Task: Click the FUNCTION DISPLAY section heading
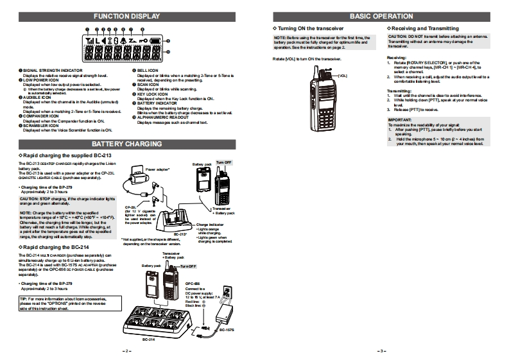click(x=127, y=16)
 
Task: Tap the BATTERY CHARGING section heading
click(x=127, y=144)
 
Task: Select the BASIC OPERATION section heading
click(x=381, y=16)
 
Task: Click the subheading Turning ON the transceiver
click(x=311, y=29)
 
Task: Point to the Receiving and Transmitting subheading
click(x=425, y=29)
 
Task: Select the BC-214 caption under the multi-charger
click(x=149, y=339)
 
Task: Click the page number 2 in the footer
click(x=127, y=350)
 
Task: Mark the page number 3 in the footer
click(x=381, y=350)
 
